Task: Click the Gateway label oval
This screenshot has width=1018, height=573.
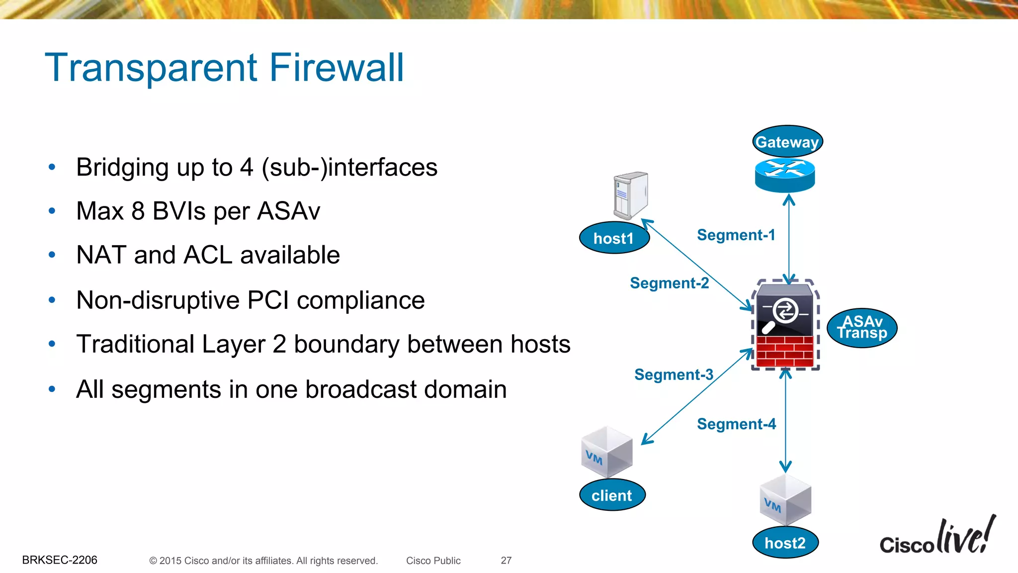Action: pyautogui.click(x=787, y=142)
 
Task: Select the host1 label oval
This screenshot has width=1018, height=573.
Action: pyautogui.click(x=614, y=238)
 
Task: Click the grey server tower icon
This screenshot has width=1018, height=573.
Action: pyautogui.click(x=630, y=194)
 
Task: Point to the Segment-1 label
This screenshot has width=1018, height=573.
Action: pyautogui.click(x=736, y=235)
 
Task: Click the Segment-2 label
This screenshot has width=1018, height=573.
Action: pyautogui.click(x=669, y=283)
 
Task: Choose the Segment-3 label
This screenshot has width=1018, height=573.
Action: pyautogui.click(x=674, y=375)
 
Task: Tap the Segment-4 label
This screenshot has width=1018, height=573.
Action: pyautogui.click(x=736, y=424)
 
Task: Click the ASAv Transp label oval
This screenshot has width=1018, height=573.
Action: pyautogui.click(x=862, y=328)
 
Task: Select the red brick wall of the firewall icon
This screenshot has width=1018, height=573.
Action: pyautogui.click(x=785, y=351)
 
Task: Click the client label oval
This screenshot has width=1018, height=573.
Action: pyautogui.click(x=612, y=495)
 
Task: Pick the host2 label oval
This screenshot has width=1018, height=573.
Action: pyautogui.click(x=785, y=543)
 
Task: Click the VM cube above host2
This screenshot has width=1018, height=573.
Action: pyautogui.click(x=785, y=500)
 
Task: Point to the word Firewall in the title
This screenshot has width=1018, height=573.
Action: pyautogui.click(x=337, y=68)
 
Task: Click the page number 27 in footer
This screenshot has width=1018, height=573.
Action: pyautogui.click(x=506, y=561)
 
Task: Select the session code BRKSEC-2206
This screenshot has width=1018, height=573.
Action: pyautogui.click(x=60, y=560)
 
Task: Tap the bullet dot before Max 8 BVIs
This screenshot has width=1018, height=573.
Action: pyautogui.click(x=52, y=211)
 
